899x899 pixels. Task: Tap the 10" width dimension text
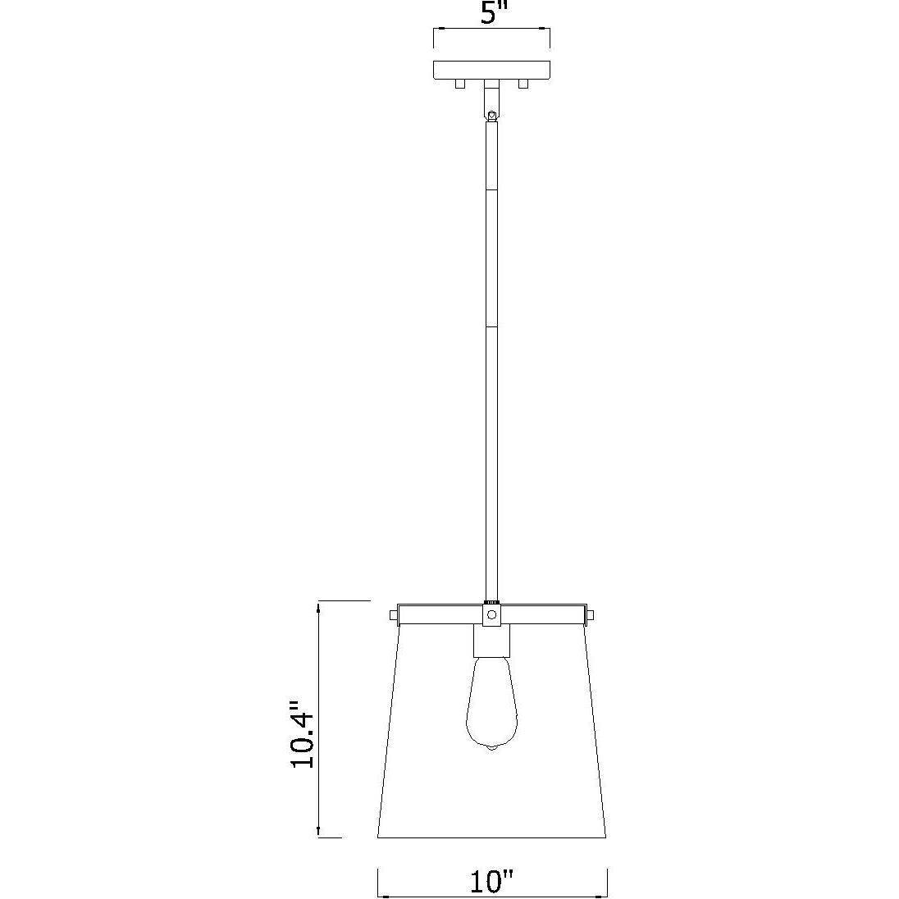[x=491, y=882]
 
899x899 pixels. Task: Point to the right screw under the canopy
[x=523, y=84]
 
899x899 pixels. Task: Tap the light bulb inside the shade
[x=491, y=705]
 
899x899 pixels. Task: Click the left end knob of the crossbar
[x=393, y=614]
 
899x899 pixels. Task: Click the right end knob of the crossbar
[x=589, y=614]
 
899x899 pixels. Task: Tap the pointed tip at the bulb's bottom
[x=491, y=750]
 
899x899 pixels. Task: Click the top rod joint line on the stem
[x=491, y=191]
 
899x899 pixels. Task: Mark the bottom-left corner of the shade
[x=377, y=838]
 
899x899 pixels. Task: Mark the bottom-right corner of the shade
[x=606, y=838]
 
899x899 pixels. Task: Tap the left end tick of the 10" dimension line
[x=377, y=882]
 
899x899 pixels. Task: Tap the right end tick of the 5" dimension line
[x=550, y=37]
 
